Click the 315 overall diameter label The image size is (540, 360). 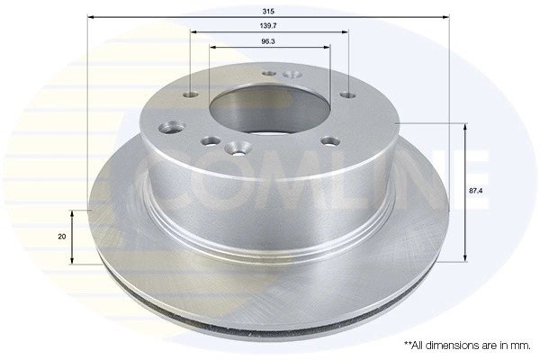click(268, 12)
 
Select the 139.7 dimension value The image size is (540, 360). click(268, 25)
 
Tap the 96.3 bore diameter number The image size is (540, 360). click(268, 41)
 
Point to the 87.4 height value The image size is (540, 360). click(475, 190)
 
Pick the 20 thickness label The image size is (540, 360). click(62, 237)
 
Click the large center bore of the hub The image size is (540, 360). click(270, 106)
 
